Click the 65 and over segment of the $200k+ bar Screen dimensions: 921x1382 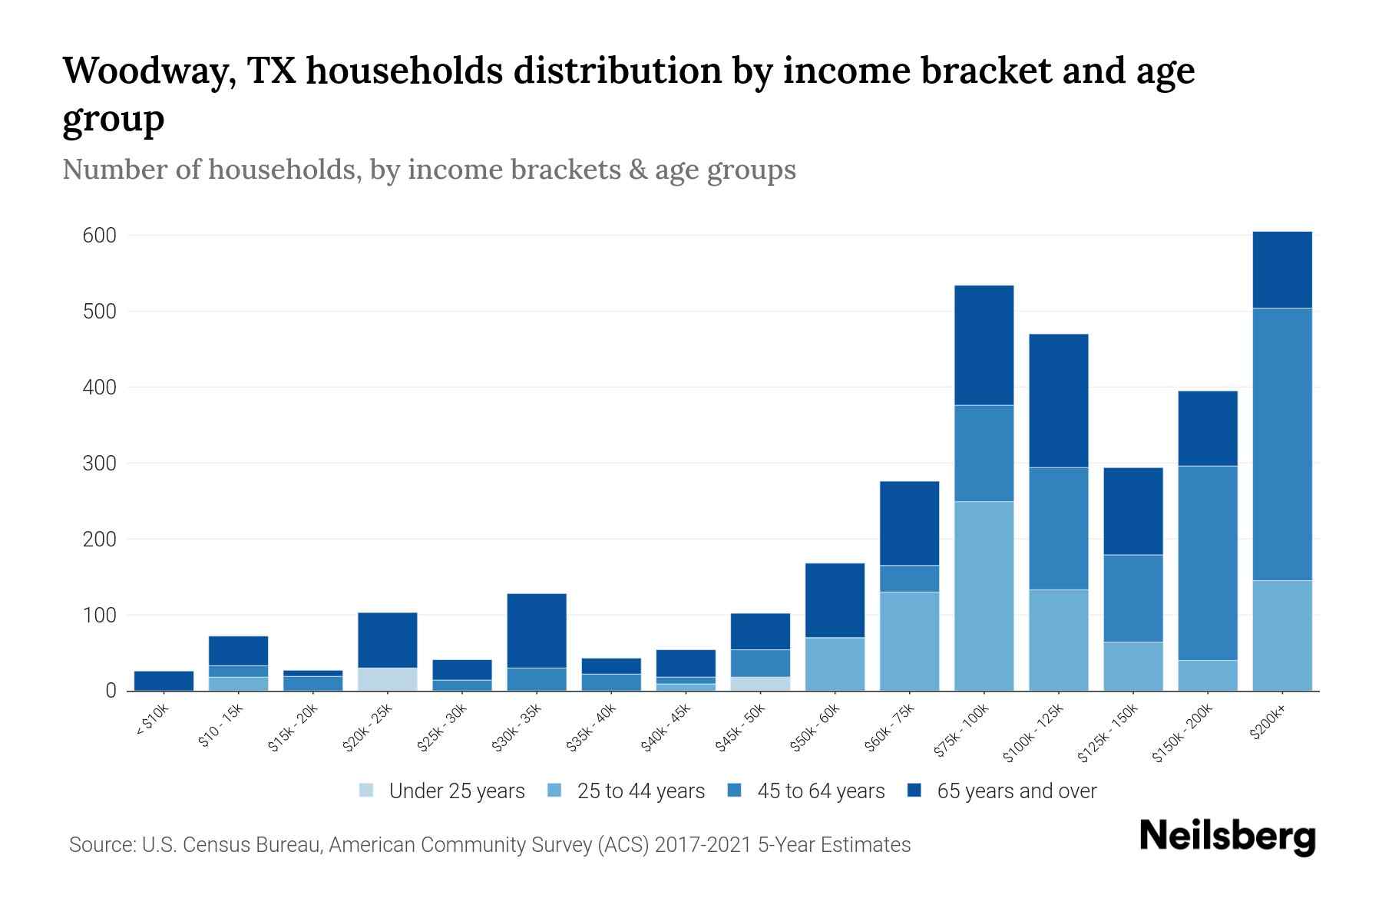(x=1281, y=269)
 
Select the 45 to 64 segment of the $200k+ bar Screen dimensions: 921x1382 (x=1281, y=444)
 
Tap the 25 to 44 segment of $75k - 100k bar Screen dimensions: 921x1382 (x=984, y=596)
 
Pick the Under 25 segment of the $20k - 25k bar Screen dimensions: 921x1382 (x=387, y=679)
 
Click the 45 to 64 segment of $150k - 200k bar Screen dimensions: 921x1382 (x=1207, y=563)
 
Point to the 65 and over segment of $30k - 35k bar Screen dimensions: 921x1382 (x=537, y=630)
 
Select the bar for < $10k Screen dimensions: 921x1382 (x=164, y=681)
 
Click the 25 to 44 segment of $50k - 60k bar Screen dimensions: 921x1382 (x=835, y=664)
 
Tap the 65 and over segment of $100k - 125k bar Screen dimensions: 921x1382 (x=1058, y=401)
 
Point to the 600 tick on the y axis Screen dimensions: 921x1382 (x=99, y=236)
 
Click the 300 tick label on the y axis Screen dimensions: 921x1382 (x=99, y=464)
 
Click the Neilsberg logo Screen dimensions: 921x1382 (x=1226, y=837)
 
